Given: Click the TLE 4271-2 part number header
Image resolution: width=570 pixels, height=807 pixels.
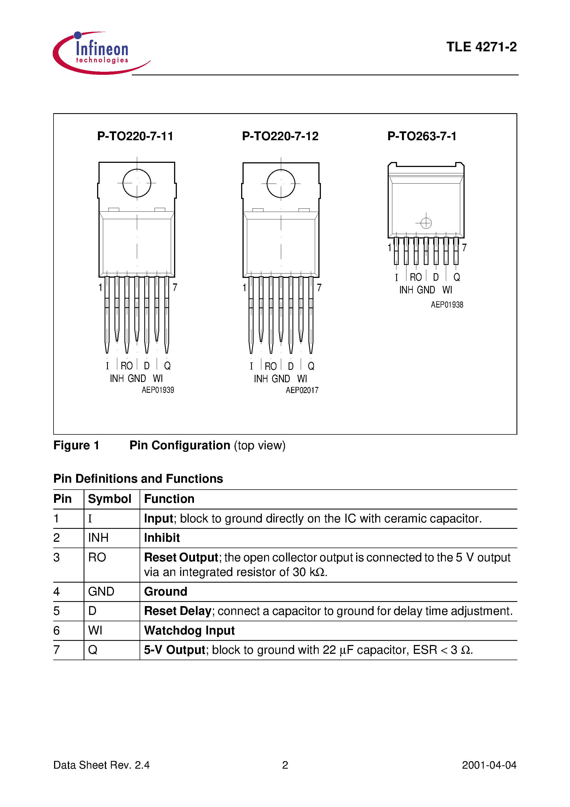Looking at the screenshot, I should point(481,47).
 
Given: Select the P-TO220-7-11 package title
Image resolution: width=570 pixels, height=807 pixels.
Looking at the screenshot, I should point(135,136).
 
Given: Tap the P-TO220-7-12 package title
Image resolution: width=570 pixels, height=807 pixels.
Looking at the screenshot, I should point(280,136).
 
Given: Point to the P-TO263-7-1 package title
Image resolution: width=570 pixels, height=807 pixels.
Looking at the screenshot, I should point(422,136).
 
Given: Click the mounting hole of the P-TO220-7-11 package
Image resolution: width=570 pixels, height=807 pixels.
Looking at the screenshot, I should point(137,183).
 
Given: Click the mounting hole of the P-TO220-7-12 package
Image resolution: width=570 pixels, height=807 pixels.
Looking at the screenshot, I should point(281,184).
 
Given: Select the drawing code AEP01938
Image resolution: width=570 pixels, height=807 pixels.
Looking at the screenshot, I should point(447,305).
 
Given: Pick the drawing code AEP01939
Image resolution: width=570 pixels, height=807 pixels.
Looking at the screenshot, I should point(158,390).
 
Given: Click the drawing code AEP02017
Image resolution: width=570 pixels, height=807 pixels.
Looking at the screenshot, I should point(302,390).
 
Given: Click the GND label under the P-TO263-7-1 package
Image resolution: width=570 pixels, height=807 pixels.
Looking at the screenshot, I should point(425,290).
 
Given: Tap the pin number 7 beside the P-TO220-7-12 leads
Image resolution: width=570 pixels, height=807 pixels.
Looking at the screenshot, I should point(319,288).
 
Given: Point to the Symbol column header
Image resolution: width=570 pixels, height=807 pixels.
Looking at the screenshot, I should point(109,499).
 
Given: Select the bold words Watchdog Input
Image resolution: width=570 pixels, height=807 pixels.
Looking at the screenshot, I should point(189,631).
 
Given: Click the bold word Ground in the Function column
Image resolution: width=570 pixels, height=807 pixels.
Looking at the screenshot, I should point(166,591).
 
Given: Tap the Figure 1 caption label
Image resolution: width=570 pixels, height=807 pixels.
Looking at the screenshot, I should point(76,445).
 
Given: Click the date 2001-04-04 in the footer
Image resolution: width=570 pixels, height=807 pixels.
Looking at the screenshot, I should point(489,765).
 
